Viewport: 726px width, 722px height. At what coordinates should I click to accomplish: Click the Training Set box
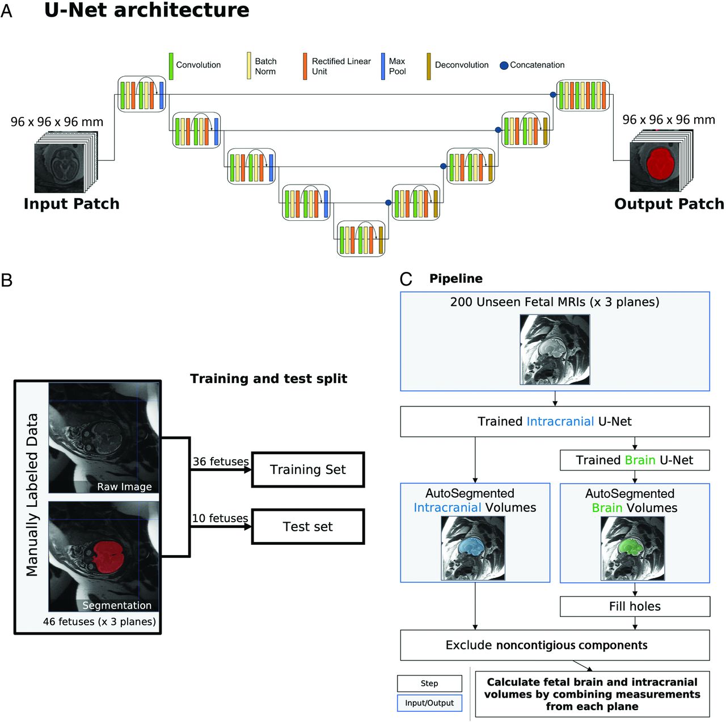click(307, 469)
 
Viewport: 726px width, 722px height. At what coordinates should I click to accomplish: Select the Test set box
click(307, 527)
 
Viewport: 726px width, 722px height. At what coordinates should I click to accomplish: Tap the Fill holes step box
click(635, 606)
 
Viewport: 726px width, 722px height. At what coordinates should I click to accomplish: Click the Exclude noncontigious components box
click(555, 645)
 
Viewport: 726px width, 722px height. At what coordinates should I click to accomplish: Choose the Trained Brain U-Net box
click(635, 460)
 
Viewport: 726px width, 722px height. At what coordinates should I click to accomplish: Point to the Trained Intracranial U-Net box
click(555, 421)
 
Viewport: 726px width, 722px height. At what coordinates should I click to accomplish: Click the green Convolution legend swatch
click(171, 66)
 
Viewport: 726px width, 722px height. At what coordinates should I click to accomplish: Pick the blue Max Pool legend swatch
click(383, 66)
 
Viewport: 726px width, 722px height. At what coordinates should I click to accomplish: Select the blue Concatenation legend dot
click(504, 65)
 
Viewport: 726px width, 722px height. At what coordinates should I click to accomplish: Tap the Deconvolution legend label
click(462, 65)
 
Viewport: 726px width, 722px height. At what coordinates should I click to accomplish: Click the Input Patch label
click(71, 204)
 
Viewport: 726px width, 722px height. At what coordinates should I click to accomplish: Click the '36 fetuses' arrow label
click(220, 461)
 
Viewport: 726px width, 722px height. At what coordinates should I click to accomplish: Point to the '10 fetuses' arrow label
click(220, 518)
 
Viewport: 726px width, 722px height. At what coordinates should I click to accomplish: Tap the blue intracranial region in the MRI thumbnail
click(470, 546)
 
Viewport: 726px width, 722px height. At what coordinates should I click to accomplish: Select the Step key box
click(429, 683)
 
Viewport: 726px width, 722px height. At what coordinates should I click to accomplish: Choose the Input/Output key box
click(429, 703)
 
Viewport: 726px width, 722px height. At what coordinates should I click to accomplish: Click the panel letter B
click(7, 280)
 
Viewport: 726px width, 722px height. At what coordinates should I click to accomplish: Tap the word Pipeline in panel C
click(456, 279)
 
